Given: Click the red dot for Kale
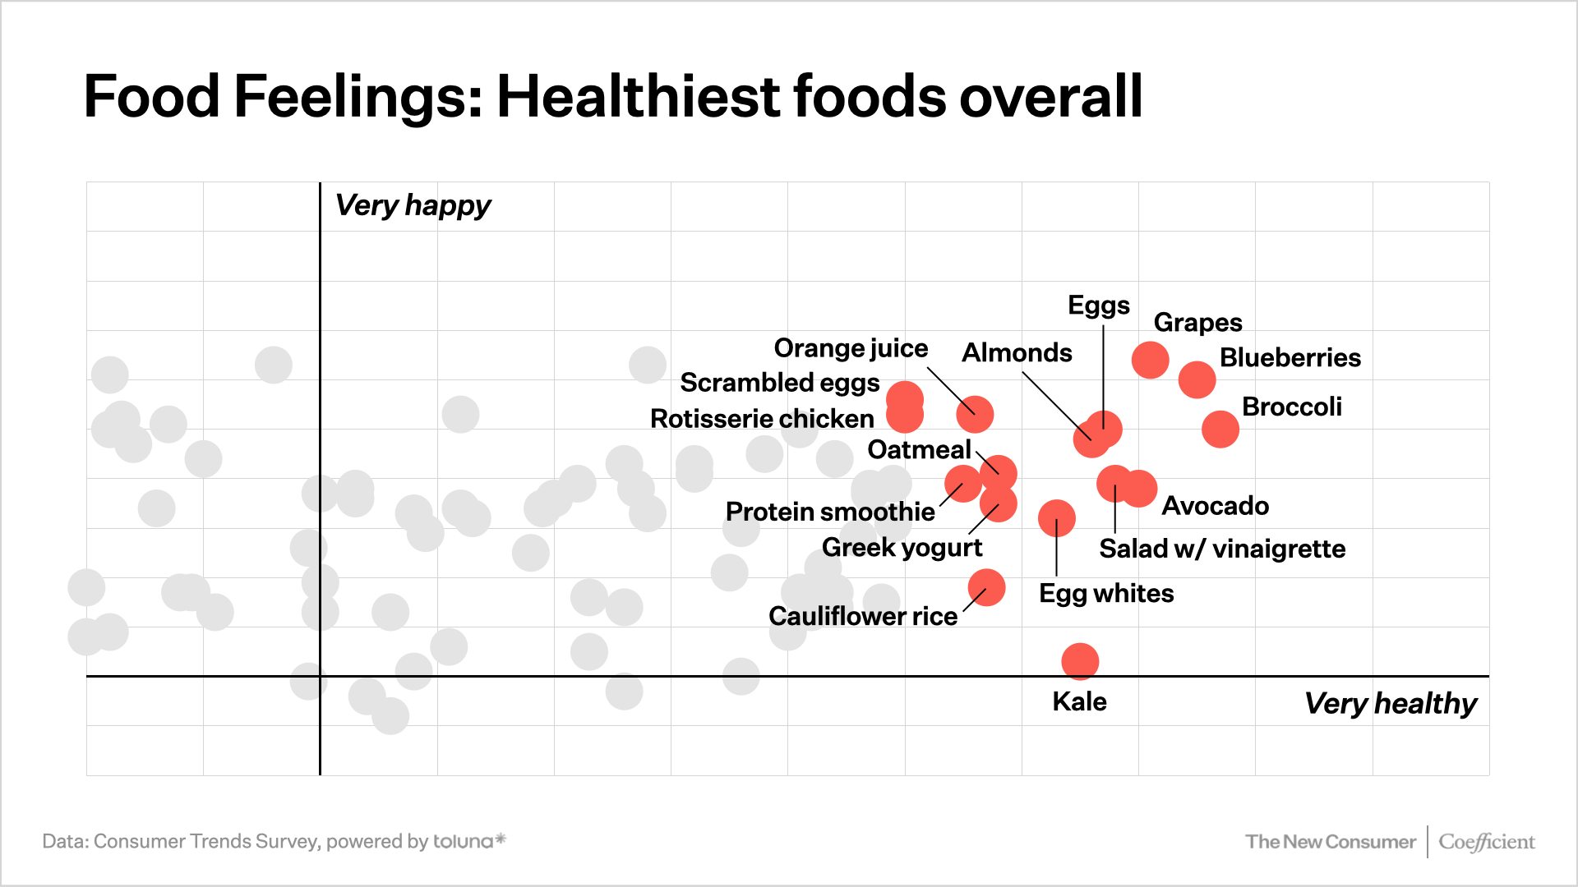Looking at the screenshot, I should point(1080,661).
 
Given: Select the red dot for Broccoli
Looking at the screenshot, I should point(1220,429).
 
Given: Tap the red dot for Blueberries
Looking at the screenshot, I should point(1197,379).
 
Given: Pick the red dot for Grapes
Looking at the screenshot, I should point(1150,360).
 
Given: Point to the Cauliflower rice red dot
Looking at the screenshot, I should point(986,587).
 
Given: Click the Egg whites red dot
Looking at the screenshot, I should point(1057,518).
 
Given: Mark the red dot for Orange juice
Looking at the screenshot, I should point(975,414).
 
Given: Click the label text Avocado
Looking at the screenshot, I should point(1215,506).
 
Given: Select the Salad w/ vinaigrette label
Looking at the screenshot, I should point(1222,549).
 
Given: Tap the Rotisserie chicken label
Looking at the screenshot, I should point(762,419).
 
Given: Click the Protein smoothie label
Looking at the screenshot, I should point(830,512).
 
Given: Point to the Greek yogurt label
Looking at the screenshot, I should point(902,548).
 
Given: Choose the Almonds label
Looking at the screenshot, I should point(1017,353).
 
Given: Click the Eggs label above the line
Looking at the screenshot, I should point(1098,306).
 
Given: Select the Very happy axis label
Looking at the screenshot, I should point(413,205).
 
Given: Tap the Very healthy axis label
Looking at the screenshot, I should point(1390,704).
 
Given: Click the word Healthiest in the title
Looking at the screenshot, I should point(637,97).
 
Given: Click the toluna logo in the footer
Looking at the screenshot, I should point(468,841).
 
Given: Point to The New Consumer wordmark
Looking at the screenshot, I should point(1330,842).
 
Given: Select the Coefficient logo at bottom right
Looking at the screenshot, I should point(1486,842).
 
